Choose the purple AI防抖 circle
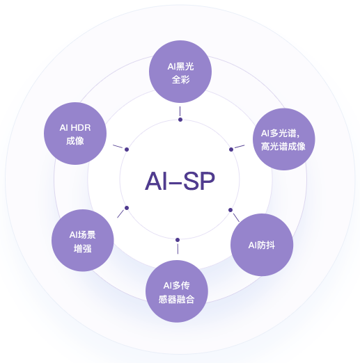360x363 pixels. click(260, 245)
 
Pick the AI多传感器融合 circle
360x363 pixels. click(176, 291)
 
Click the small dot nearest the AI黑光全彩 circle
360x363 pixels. click(180, 120)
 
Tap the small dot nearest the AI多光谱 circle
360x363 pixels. click(230, 150)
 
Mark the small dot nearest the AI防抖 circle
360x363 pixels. click(230, 209)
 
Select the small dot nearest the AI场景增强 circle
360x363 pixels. click(127, 208)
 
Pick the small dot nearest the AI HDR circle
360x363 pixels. click(127, 149)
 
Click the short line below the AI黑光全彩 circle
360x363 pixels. click(180, 111)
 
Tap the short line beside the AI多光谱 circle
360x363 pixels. click(240, 146)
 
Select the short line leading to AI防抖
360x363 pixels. click(236, 218)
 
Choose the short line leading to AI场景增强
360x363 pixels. click(120, 214)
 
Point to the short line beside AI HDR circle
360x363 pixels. click(118, 146)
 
